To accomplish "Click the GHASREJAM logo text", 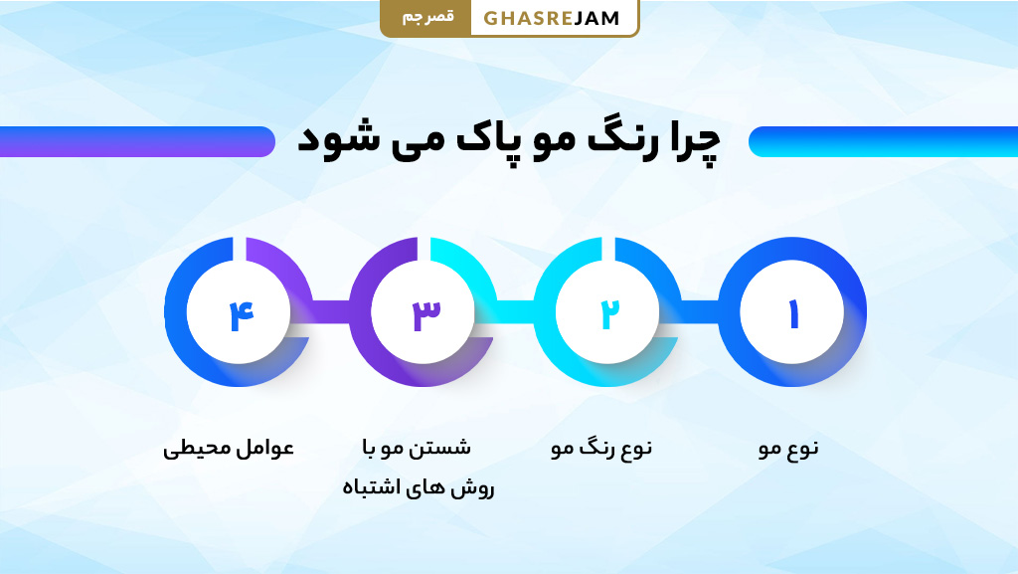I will [552, 18].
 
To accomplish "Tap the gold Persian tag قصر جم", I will [426, 18].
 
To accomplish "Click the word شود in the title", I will [330, 141].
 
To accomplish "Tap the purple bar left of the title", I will [137, 141].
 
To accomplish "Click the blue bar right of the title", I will [883, 141].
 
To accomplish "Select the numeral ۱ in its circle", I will [793, 314].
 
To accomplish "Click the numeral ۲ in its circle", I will [608, 314].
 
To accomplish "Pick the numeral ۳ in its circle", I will [424, 314].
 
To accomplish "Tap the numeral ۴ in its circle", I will [240, 314].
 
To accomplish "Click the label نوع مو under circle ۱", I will [788, 449].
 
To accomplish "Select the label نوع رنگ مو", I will [601, 449].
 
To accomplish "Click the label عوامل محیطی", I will [229, 449].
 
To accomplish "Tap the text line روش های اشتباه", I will [418, 488].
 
